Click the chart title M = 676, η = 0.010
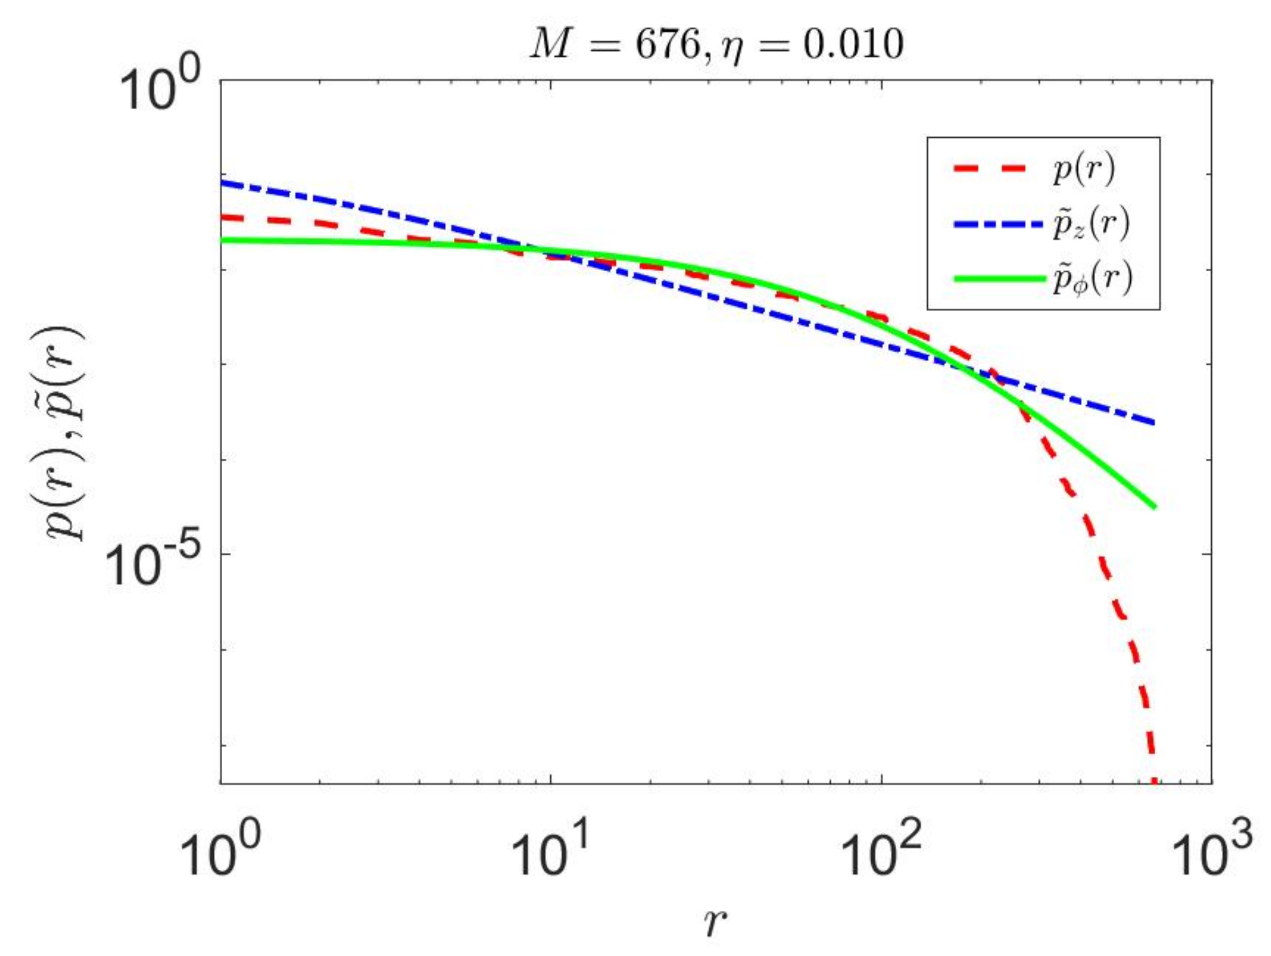(716, 45)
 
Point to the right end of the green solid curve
(1153, 507)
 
